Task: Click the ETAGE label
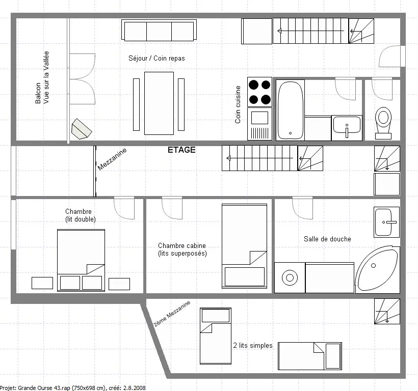[181, 150]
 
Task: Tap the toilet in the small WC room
[383, 123]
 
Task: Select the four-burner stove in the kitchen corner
[259, 92]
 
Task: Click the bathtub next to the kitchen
[291, 110]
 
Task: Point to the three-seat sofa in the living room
[159, 30]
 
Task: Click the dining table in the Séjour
[159, 103]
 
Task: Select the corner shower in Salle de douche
[378, 270]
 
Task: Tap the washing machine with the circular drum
[290, 277]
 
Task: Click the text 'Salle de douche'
[327, 239]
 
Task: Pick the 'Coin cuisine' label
[238, 104]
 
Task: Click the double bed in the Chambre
[81, 260]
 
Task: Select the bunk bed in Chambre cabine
[245, 246]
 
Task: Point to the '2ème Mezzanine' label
[172, 314]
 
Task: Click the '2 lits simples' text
[253, 345]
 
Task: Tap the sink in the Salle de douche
[386, 222]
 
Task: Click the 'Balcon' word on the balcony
[38, 93]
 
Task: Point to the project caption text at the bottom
[73, 388]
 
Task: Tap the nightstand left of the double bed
[42, 283]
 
